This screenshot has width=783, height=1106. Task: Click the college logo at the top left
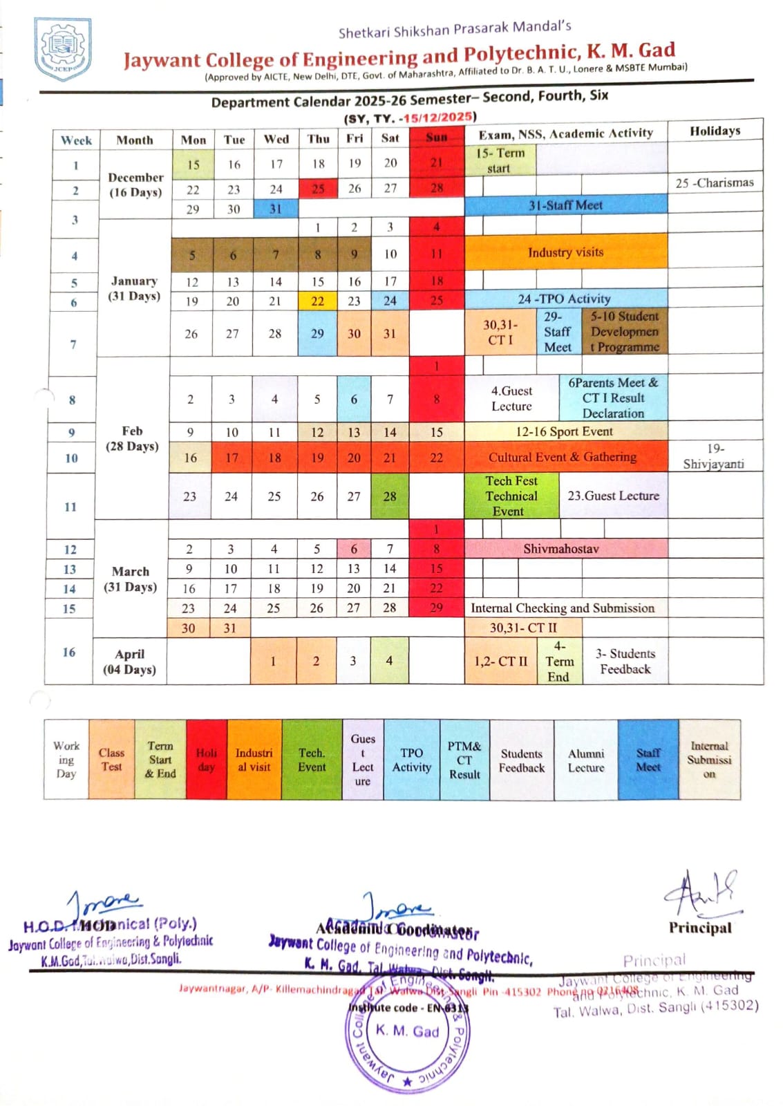[x=63, y=48]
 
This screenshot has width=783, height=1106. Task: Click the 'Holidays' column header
[x=715, y=131]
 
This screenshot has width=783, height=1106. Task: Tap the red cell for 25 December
[x=318, y=189]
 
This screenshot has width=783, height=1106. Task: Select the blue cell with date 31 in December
[x=276, y=209]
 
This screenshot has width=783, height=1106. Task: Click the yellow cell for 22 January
[x=317, y=301]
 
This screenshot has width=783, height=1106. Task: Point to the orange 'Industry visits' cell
[x=565, y=252]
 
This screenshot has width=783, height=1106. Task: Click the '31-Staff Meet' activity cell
[x=565, y=205]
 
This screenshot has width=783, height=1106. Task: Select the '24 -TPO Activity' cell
[x=565, y=299]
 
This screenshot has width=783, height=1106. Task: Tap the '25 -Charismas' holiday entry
[x=715, y=183]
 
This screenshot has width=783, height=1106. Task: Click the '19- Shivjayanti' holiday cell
[x=715, y=456]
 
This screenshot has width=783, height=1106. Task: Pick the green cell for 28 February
[x=390, y=496]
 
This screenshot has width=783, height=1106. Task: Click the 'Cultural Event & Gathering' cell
[x=562, y=457]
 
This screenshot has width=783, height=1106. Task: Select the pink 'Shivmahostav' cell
[x=560, y=549]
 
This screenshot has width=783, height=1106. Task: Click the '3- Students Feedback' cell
[x=625, y=662]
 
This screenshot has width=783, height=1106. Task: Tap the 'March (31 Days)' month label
[x=131, y=579]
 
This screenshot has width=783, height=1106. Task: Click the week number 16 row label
[x=69, y=652]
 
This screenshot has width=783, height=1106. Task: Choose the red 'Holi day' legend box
[x=206, y=760]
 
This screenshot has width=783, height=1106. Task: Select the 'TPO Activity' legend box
[x=411, y=760]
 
